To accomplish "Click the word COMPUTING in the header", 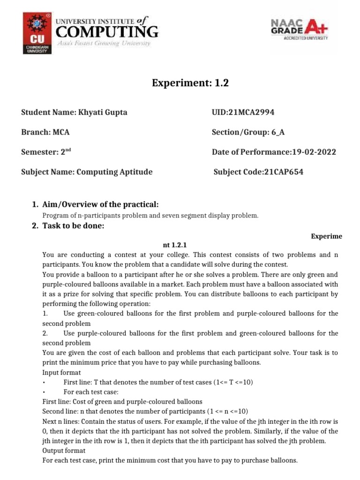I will pyautogui.click(x=107, y=32).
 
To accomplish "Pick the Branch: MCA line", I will pyautogui.click(x=45, y=132).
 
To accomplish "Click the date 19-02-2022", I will pyautogui.click(x=310, y=152).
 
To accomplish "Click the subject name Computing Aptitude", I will pyautogui.click(x=114, y=172).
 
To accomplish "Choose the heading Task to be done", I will pyautogui.click(x=73, y=226).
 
